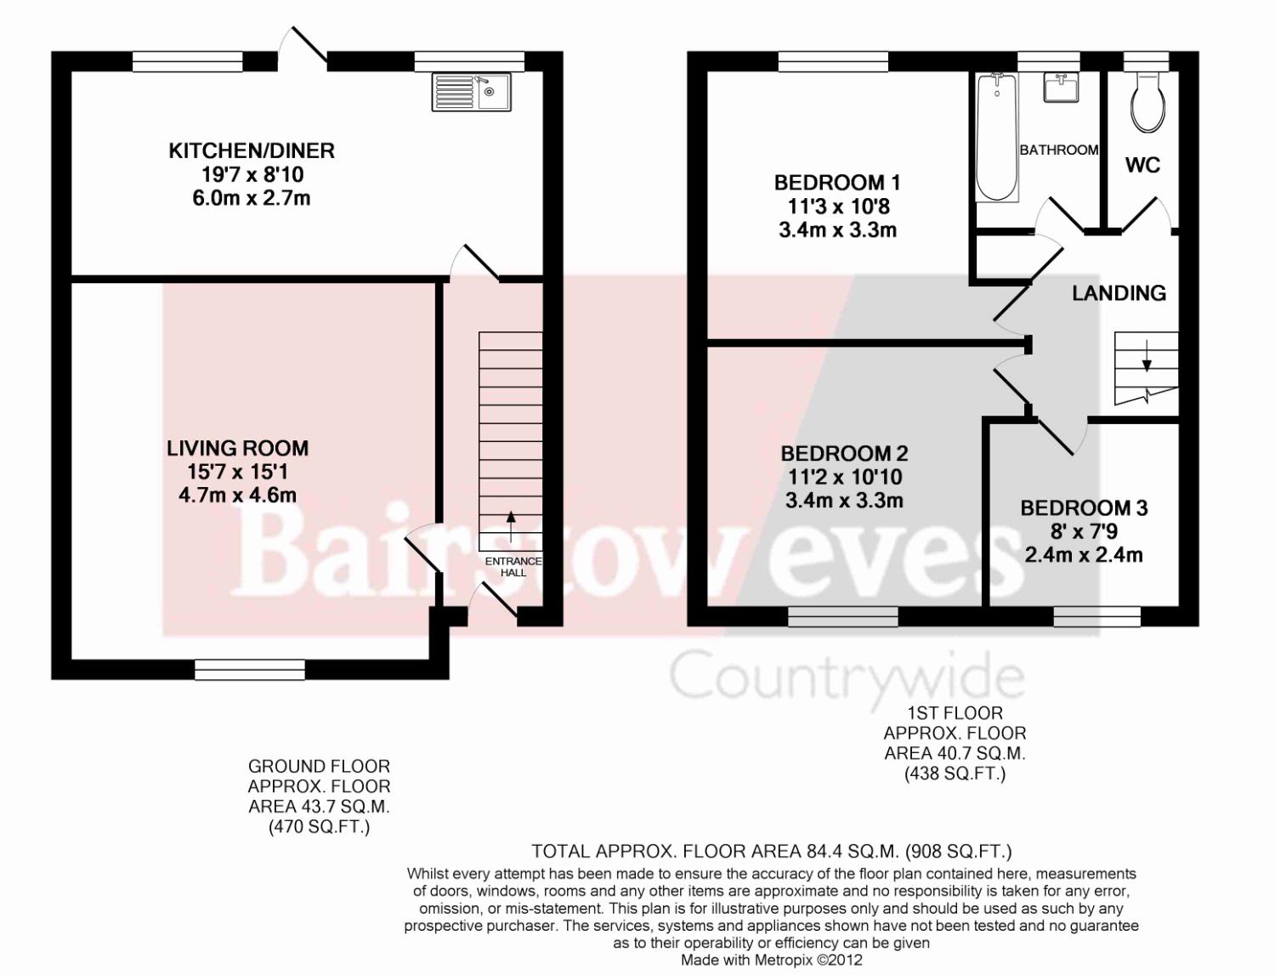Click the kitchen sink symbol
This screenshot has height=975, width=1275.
(x=471, y=92)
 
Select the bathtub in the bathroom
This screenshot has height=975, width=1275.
(x=997, y=137)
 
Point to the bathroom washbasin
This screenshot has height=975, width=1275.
(x=1062, y=87)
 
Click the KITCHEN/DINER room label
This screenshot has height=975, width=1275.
(x=252, y=151)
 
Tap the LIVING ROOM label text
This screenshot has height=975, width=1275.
(x=237, y=448)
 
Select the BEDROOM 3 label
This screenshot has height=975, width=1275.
(x=1084, y=508)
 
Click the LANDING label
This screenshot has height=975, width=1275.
(x=1119, y=293)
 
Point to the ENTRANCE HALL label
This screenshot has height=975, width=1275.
(x=513, y=567)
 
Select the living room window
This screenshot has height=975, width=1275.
(x=250, y=670)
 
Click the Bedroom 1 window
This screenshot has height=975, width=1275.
(x=834, y=61)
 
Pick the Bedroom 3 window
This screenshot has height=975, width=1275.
(x=1097, y=616)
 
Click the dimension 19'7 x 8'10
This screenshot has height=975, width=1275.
(x=252, y=175)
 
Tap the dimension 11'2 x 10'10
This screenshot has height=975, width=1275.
(x=845, y=478)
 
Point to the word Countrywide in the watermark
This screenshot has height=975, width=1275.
(x=847, y=677)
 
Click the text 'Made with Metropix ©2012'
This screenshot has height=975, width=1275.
(x=772, y=961)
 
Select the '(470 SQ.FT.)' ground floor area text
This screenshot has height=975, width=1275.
(x=319, y=827)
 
